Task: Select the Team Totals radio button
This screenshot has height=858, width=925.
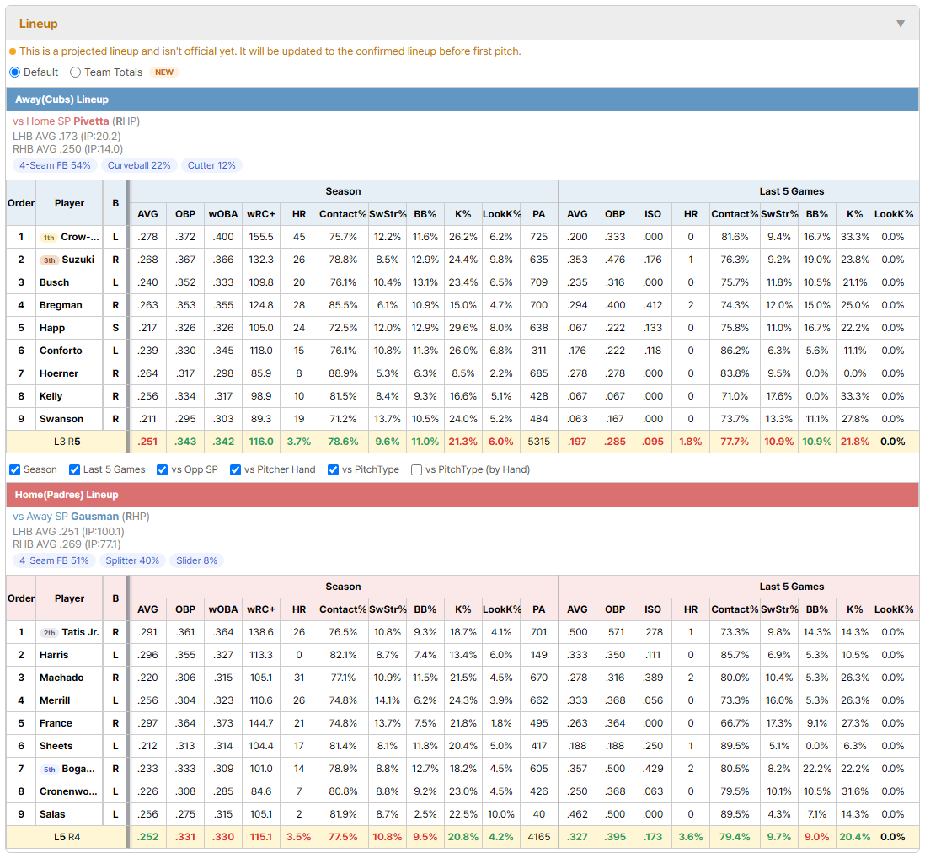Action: [x=75, y=72]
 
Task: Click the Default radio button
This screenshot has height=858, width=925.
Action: [x=15, y=72]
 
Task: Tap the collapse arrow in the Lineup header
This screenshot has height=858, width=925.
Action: [x=901, y=24]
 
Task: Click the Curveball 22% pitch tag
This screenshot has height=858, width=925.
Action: [x=139, y=165]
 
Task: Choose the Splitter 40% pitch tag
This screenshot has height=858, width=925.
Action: [x=132, y=560]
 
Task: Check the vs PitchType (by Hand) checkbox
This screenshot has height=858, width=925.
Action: [x=416, y=469]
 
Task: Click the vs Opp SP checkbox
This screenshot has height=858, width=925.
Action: [x=163, y=469]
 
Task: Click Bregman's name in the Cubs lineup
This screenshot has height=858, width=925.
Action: [x=61, y=305]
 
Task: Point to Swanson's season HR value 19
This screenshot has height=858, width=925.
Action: [x=299, y=419]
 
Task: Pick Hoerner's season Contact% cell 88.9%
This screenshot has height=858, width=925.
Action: [x=343, y=373]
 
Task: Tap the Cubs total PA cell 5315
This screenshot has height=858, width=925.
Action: [x=538, y=442]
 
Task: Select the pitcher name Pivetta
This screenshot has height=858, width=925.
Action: [x=92, y=121]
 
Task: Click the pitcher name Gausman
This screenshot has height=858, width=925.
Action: [x=95, y=517]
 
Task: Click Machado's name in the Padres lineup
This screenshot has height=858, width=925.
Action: [x=61, y=678]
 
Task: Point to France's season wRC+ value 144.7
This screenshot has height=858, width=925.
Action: [x=261, y=723]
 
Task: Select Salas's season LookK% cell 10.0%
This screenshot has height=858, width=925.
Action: [x=501, y=814]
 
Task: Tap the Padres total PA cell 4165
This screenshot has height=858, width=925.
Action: [x=538, y=837]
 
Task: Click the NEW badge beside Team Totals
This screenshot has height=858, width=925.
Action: [x=164, y=72]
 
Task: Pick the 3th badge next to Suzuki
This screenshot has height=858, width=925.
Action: [x=49, y=260]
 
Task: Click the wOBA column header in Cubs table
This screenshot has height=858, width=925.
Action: [x=223, y=214]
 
